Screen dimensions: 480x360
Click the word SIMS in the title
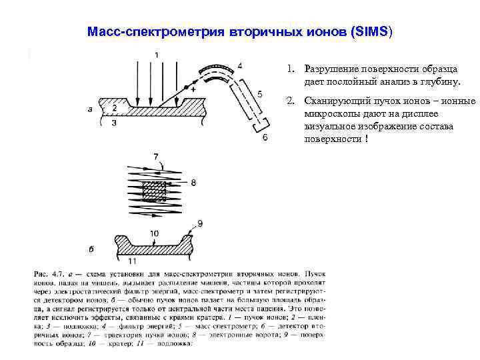pyautogui.click(x=375, y=31)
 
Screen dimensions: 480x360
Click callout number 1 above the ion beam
pyautogui.click(x=156, y=55)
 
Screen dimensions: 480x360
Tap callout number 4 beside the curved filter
pyautogui.click(x=239, y=65)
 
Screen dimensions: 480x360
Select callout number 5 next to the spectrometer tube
pyautogui.click(x=259, y=94)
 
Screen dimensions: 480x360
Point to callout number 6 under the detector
pyautogui.click(x=265, y=137)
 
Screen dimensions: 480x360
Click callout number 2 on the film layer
pyautogui.click(x=115, y=108)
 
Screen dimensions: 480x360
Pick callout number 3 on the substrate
pyautogui.click(x=115, y=123)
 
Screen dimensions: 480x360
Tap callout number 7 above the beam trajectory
pyautogui.click(x=157, y=157)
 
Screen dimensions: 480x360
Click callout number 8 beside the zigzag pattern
pyautogui.click(x=193, y=181)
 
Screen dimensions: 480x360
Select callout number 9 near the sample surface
pyautogui.click(x=200, y=223)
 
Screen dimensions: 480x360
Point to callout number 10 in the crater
pyautogui.click(x=155, y=233)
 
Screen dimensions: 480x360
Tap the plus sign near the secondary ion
pyautogui.click(x=194, y=88)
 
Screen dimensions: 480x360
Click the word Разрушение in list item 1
pyautogui.click(x=333, y=69)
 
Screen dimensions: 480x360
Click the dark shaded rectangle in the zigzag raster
pyautogui.click(x=155, y=191)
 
